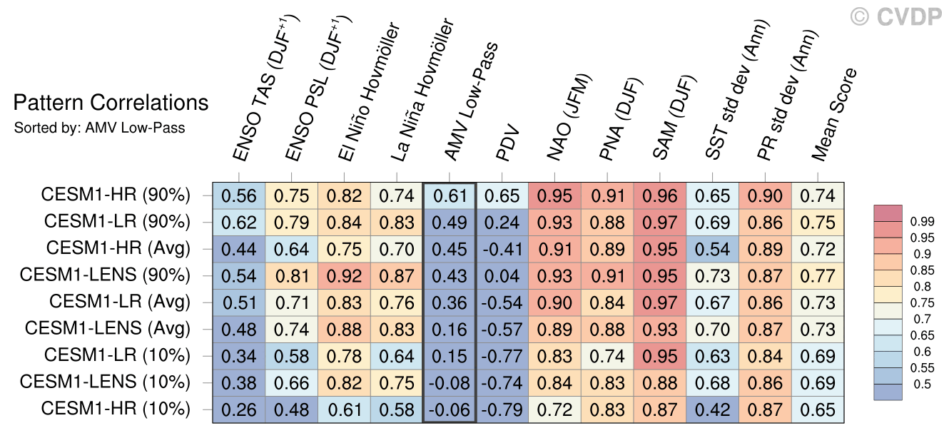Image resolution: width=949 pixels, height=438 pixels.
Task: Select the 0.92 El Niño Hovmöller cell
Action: pos(344,276)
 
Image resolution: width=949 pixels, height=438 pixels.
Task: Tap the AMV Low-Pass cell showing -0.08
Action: pos(449,383)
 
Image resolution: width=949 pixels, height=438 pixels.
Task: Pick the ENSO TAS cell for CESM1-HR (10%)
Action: pos(238,409)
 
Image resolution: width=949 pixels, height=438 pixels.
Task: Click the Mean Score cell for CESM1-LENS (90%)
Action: pos(818,276)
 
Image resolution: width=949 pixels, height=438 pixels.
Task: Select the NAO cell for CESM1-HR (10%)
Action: pos(554,409)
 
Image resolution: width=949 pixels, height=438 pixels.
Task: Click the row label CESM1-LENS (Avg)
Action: pos(108,329)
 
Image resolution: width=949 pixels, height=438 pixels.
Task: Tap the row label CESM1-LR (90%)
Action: pos(117,221)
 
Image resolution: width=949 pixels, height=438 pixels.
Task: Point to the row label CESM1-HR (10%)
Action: pos(116,409)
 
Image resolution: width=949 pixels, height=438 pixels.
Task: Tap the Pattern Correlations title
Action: pos(111,103)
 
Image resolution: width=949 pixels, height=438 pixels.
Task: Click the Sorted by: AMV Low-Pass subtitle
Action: pos(99,128)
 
